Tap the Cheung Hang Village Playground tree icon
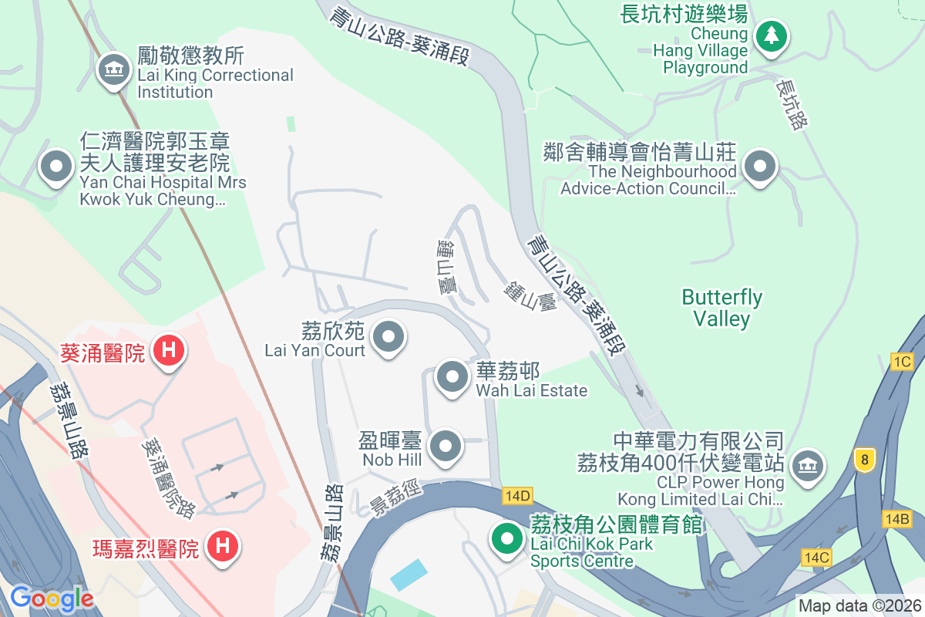pos(770,35)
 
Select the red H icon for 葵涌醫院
pos(170,351)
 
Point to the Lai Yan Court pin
pos(388,337)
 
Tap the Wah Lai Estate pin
pos(452,377)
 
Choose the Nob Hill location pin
pos(445,446)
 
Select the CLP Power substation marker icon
pos(807,465)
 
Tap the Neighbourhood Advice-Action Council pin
pos(761,167)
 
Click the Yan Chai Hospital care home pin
pos(55,167)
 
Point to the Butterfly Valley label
pos(722,308)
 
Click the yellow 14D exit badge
pos(517,495)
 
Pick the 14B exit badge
pos(897,519)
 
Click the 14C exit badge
pos(816,557)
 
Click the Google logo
pos(52,598)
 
